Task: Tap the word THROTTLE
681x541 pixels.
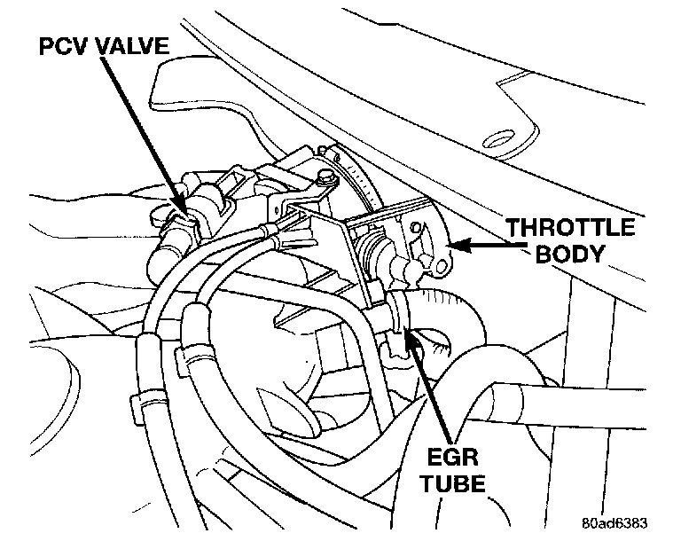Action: coord(570,228)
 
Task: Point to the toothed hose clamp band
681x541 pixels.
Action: coord(359,178)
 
